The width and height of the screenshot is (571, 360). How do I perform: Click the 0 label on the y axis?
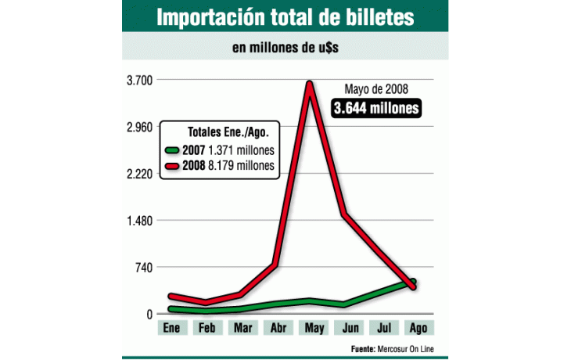pyautogui.click(x=149, y=315)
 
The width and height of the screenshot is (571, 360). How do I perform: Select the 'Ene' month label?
pyautogui.click(x=171, y=329)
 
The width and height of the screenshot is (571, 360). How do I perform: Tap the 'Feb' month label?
pyautogui.click(x=207, y=329)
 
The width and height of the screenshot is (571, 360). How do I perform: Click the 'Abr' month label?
pyautogui.click(x=277, y=329)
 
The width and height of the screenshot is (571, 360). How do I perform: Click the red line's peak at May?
pyautogui.click(x=311, y=84)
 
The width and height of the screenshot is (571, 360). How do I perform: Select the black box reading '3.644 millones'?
pyautogui.click(x=376, y=108)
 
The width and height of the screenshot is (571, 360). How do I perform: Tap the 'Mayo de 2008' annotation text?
pyautogui.click(x=376, y=89)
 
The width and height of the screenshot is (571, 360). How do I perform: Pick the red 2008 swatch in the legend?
pyautogui.click(x=173, y=166)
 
